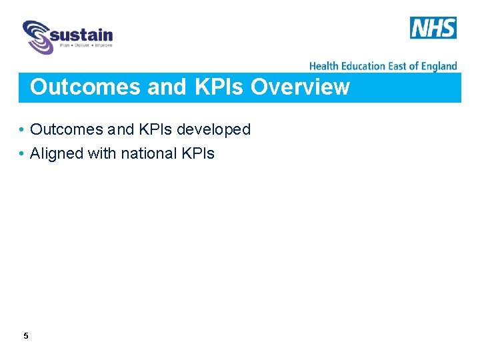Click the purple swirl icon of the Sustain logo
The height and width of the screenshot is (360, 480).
click(37, 37)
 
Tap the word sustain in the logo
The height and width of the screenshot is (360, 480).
click(81, 34)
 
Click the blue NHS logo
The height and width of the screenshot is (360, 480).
click(433, 28)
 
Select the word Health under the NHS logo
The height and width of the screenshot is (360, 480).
click(324, 66)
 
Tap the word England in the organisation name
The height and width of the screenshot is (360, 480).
click(441, 66)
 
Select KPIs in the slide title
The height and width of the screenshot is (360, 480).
click(221, 87)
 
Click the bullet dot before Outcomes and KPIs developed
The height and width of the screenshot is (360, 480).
click(22, 130)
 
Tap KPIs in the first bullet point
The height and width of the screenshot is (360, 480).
click(154, 129)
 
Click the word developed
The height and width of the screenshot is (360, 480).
click(213, 129)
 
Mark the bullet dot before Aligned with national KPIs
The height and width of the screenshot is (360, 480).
click(22, 154)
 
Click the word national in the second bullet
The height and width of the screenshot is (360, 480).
click(149, 153)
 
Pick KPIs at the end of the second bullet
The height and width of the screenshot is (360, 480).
click(198, 153)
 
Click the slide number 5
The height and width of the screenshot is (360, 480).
click(26, 336)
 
